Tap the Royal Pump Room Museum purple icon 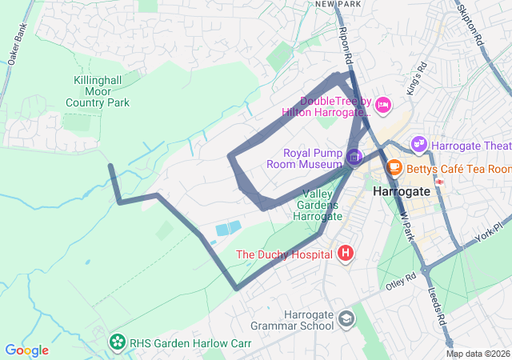point(354,154)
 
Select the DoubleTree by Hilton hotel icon point(383,104)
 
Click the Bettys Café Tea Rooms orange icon point(394,168)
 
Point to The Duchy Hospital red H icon point(346,254)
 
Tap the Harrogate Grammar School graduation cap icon point(346,318)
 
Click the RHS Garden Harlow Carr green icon point(118,343)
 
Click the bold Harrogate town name point(401,192)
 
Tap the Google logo point(26,350)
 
